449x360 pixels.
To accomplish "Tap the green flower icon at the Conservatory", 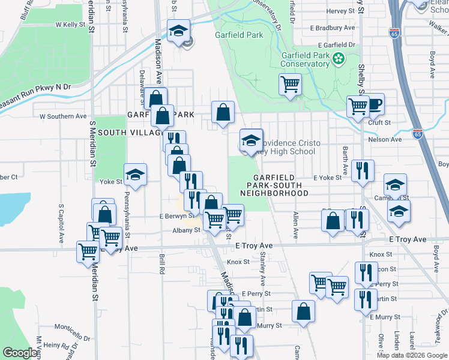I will point(340,58).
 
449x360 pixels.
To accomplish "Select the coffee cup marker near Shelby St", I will point(375,104).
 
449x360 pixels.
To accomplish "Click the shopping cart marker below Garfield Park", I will point(290,84).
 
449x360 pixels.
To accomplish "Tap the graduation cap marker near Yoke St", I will point(136,175).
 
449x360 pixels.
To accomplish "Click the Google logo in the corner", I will point(20,353).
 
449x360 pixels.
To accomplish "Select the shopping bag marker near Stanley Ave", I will point(304,311).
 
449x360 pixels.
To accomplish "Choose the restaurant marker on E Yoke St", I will point(363,170).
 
